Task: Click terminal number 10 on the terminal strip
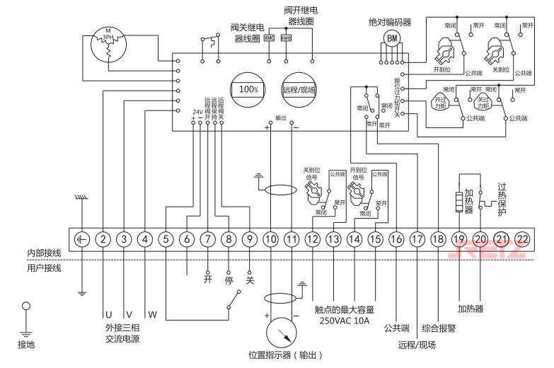pos(270,239)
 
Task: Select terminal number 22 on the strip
pos(522,239)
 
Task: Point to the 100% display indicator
pos(248,90)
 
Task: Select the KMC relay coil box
pos(269,38)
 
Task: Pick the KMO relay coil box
pos(286,38)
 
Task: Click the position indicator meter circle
pos(281,330)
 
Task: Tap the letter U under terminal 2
pos(109,314)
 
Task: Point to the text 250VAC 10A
pos(345,320)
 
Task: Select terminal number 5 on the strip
pos(166,239)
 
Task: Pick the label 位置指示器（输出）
pos(281,355)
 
